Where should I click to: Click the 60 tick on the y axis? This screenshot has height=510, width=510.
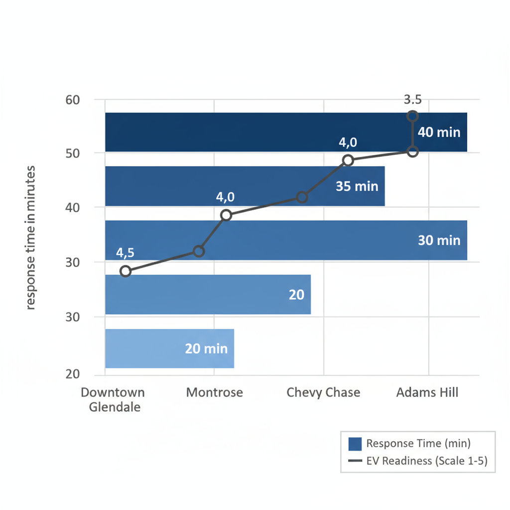(73, 100)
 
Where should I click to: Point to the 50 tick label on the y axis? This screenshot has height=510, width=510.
(73, 153)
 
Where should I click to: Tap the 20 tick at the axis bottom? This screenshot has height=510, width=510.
(73, 375)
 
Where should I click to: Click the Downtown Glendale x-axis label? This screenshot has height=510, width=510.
(114, 399)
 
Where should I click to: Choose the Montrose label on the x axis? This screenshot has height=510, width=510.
(215, 392)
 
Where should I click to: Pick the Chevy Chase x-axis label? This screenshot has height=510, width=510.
(323, 392)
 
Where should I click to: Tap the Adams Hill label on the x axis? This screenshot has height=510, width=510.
(427, 392)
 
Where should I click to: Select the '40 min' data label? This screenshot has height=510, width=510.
(439, 132)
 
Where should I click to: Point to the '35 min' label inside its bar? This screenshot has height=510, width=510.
(357, 186)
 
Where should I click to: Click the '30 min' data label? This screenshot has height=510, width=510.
(439, 240)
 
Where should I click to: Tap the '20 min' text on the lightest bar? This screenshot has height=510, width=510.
(206, 349)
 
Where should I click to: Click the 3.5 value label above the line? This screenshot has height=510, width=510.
(412, 100)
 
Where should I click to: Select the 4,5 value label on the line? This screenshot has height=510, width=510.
(125, 253)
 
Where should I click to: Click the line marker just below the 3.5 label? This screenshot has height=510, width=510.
(412, 116)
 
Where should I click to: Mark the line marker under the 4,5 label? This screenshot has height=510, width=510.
(126, 271)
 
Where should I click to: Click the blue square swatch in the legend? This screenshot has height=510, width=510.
(355, 443)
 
